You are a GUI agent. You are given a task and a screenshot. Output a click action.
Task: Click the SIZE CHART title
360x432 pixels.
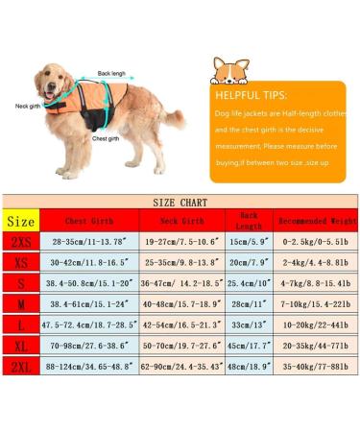[180, 203]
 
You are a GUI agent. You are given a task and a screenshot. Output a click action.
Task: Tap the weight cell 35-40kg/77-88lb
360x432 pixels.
[317, 393]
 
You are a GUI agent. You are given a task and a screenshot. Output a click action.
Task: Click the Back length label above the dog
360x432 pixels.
[110, 74]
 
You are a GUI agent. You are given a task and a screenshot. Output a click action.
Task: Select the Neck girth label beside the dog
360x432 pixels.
[27, 107]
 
